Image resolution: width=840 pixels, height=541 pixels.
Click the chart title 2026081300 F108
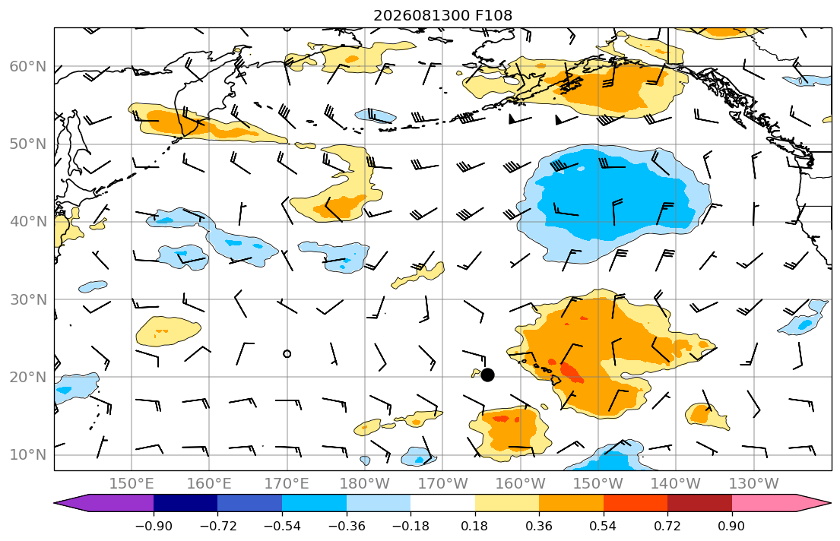point(442,15)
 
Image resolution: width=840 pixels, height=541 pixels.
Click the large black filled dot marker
point(487,375)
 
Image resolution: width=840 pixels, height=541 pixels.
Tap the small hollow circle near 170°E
point(287,353)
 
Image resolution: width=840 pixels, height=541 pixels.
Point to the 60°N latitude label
point(28,66)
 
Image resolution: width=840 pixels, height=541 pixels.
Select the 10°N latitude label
point(28,455)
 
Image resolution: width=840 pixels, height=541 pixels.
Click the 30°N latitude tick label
point(28,299)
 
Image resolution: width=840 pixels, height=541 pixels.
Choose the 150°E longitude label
point(132,484)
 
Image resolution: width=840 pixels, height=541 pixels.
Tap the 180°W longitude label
point(365,484)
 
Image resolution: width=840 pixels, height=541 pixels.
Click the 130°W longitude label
point(754,484)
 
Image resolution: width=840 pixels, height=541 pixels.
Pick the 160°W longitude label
point(520,484)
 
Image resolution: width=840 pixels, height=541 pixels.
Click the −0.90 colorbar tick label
point(154,526)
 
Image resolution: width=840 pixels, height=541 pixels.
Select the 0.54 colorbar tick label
point(604,526)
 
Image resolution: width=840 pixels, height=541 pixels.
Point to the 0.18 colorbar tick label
point(474,526)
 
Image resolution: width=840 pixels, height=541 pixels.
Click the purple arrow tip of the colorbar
point(55,503)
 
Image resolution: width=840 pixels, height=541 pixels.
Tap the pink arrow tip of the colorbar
point(830,503)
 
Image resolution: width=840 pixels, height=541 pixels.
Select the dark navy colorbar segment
point(185,503)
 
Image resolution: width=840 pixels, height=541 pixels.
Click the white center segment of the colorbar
point(442,503)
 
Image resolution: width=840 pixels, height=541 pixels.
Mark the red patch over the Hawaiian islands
point(572,372)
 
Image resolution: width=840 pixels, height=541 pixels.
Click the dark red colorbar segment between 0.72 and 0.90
point(699,503)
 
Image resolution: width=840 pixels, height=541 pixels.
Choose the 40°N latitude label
point(28,222)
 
